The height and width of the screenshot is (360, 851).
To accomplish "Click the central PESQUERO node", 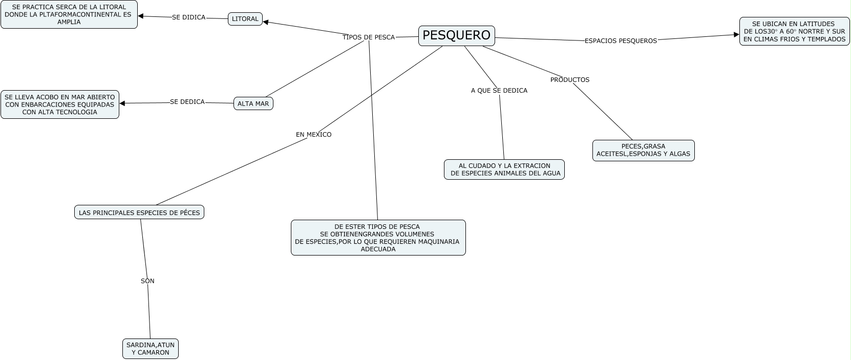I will click(456, 35).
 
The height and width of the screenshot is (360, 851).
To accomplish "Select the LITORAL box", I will click(245, 19).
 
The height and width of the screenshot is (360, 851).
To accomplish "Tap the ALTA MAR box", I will click(253, 103).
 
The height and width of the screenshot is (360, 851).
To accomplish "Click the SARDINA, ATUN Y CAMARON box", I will click(151, 349).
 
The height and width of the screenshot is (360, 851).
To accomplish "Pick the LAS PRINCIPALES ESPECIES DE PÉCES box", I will click(139, 212).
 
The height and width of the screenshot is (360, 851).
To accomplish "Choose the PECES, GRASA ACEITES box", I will click(643, 150).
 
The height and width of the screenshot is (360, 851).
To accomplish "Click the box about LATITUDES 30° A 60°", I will click(794, 31).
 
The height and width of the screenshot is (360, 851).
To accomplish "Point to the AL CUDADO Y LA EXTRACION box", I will click(504, 170).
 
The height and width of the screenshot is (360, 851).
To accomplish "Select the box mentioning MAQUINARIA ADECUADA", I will click(378, 238).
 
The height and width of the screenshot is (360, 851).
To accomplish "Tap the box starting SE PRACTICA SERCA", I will click(69, 14).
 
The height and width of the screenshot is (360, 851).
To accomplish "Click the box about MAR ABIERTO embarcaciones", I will click(60, 104).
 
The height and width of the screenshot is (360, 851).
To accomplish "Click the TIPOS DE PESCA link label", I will click(369, 37).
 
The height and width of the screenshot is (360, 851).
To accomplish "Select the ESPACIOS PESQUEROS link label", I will click(621, 41).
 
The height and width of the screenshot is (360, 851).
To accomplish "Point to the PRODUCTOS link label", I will click(570, 80).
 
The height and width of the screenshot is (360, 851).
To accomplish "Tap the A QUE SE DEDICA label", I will click(499, 91).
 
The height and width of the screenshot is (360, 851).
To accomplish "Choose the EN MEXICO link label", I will click(314, 135).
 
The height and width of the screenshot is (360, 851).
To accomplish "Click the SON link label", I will click(147, 281).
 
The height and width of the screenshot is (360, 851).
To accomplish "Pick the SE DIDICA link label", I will click(188, 17).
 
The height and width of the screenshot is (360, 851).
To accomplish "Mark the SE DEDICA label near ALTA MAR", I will click(187, 102).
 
